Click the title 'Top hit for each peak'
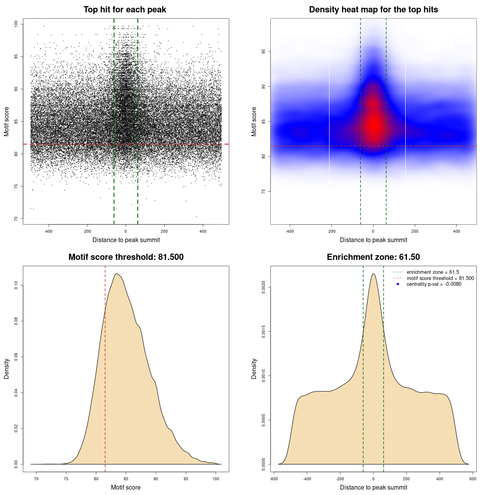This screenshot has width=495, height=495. pos(125,10)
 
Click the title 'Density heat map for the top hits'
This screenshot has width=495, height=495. pos(373,10)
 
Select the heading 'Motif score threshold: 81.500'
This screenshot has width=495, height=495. pos(126,257)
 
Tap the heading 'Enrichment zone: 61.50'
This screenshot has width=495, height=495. pos(373,257)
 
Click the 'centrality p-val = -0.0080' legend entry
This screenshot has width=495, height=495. pos(434,284)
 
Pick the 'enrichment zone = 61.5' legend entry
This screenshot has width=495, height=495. pos(433,272)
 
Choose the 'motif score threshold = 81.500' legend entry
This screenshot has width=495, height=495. pos(440,278)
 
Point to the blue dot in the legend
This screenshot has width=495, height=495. pos(398,284)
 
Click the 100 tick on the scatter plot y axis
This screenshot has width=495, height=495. pos(16,24)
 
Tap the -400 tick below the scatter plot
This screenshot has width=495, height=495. pos(48,231)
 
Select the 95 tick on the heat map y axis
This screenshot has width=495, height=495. pos(263,51)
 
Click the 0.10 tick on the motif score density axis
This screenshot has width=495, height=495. pos(16,285)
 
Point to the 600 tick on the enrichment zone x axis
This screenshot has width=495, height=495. pos(473,479)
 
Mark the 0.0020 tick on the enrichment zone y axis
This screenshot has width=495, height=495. pos(263,287)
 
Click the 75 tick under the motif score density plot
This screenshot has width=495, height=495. pos(66,479)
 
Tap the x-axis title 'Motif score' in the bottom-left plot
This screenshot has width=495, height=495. pos(126,487)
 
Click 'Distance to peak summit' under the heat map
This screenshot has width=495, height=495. pos(373,240)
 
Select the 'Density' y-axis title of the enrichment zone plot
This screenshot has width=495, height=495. pos(254,369)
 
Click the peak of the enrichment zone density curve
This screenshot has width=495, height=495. pos(373,274)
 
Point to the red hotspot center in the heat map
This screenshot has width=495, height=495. pos(374,125)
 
